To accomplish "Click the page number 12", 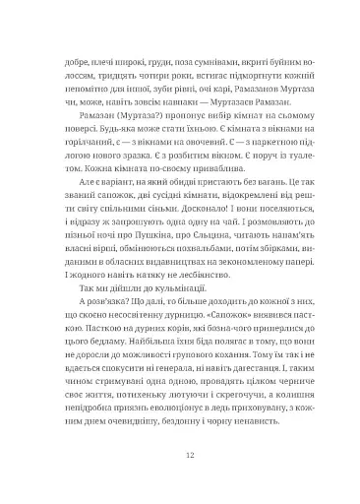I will point(180,457).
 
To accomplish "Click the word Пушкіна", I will point(146,251).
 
